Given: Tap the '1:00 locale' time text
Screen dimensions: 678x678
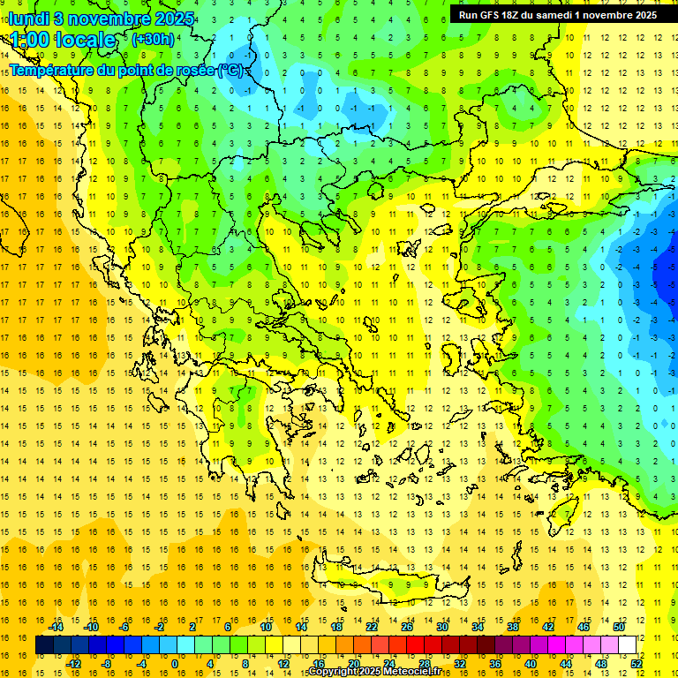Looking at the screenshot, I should (x=63, y=40).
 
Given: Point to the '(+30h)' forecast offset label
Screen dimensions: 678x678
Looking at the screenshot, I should (x=152, y=40).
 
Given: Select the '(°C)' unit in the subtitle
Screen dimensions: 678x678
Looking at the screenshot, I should (x=231, y=70).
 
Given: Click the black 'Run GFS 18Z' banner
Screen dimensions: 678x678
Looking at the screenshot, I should (x=557, y=15).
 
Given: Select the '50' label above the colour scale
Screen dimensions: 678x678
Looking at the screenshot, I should (x=619, y=628).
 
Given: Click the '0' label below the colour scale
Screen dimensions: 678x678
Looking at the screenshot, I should (x=174, y=664).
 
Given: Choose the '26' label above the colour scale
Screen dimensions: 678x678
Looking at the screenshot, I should (x=407, y=628).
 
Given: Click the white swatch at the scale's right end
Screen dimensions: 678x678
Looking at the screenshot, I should (x=628, y=645).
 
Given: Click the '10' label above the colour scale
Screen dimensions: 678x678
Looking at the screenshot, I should (x=266, y=628).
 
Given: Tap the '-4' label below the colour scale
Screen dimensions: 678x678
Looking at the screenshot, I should (x=141, y=664).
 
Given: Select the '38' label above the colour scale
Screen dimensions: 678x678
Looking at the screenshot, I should (x=513, y=628).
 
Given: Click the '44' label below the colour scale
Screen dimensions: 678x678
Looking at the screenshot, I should (x=566, y=664).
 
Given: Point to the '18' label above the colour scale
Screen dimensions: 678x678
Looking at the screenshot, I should (x=336, y=628).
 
